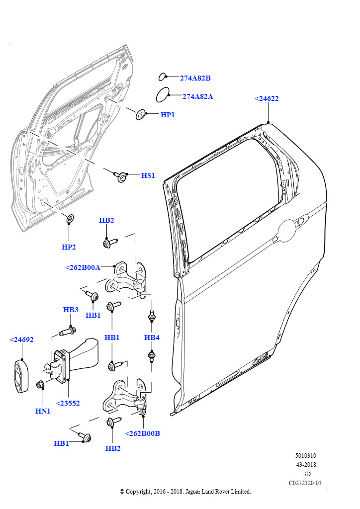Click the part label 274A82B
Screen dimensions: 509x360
195,78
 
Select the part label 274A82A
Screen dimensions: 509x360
197,96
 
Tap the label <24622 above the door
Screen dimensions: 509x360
267,98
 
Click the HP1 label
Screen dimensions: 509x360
168,115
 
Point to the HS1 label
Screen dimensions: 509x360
148,175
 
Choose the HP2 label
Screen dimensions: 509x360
69,247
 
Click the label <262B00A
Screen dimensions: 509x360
83,267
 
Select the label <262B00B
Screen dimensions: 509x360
142,433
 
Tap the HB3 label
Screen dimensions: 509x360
71,310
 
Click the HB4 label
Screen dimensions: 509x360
152,338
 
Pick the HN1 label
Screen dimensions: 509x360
43,411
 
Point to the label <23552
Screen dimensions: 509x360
68,403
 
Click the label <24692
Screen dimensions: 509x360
21,339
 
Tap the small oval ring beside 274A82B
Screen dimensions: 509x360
162,77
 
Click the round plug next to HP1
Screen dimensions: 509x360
141,115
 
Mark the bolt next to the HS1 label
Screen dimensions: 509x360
121,176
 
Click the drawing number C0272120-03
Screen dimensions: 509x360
305,483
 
